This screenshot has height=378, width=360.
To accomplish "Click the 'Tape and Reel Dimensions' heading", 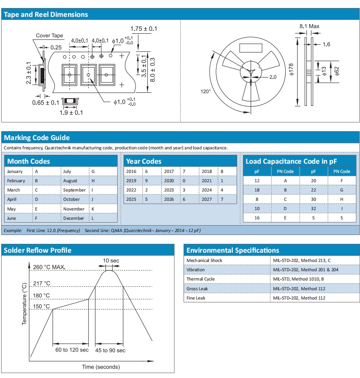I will click(46, 14).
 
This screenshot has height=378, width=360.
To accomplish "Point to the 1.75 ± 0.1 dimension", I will click(143, 29).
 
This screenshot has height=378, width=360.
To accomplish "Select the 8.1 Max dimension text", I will click(309, 26).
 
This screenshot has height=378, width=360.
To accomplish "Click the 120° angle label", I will click(206, 91).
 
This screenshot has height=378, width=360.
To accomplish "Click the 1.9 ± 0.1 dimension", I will click(70, 113).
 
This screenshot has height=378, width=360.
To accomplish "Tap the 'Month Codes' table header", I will click(29, 161).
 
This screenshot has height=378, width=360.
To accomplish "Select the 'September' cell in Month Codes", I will click(74, 190).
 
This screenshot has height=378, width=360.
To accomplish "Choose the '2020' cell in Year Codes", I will click(169, 181).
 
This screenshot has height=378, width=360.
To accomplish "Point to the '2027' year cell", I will click(207, 200).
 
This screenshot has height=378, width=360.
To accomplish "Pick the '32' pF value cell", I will click(314, 209).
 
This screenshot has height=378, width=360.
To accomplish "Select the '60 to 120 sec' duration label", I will click(70, 350).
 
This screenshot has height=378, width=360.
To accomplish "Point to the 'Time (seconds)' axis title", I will click(101, 367).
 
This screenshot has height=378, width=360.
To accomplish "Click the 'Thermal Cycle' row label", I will click(200, 279).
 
